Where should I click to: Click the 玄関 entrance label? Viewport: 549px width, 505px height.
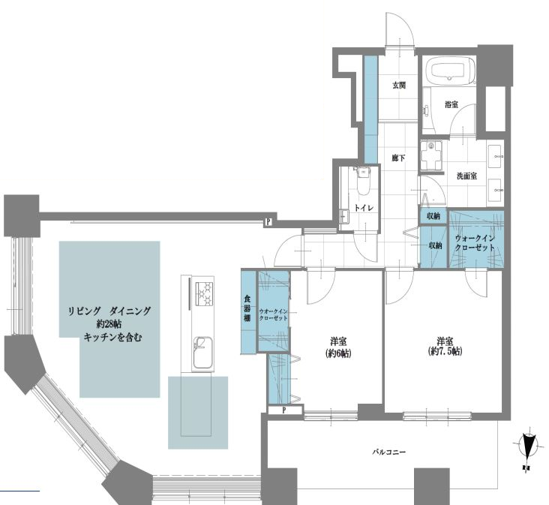pyautogui.click(x=399, y=85)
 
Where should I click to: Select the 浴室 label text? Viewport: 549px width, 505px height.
pyautogui.click(x=451, y=104)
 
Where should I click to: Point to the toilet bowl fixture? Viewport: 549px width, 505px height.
pyautogui.click(x=363, y=181)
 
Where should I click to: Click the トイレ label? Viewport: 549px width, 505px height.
pyautogui.click(x=364, y=208)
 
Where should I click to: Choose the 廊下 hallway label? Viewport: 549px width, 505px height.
pyautogui.click(x=398, y=158)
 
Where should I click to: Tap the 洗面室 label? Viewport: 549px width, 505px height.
pyautogui.click(x=466, y=176)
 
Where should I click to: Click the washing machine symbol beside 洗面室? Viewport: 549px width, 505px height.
pyautogui.click(x=431, y=155)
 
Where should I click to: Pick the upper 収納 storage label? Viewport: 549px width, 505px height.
pyautogui.click(x=433, y=216)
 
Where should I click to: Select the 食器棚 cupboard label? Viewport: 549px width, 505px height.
pyautogui.click(x=247, y=308)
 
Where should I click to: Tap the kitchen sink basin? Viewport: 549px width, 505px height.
pyautogui.click(x=202, y=353)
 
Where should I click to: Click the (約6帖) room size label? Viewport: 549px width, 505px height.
pyautogui.click(x=337, y=353)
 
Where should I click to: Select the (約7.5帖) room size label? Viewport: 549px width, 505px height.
pyautogui.click(x=445, y=351)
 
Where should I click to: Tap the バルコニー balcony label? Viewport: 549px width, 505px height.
pyautogui.click(x=388, y=452)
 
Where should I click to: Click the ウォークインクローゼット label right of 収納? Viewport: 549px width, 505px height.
pyautogui.click(x=475, y=243)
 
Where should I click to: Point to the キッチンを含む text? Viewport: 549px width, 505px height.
pyautogui.click(x=112, y=338)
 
